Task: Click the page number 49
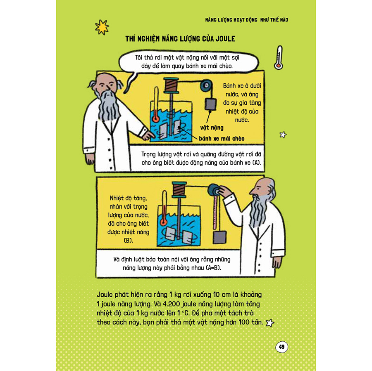tap(281, 347)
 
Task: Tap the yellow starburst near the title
tap(102, 27)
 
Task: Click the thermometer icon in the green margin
tap(279, 58)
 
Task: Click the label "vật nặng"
tap(212, 128)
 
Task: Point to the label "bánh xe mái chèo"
tap(222, 139)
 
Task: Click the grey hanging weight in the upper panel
tap(210, 104)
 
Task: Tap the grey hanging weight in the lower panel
tap(220, 238)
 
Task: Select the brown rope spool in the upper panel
tap(171, 85)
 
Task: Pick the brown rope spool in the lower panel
tap(179, 189)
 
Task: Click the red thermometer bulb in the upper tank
tap(156, 118)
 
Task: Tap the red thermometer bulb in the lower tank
tap(163, 222)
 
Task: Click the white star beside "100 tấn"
tap(270, 323)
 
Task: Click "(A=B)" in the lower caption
tap(213, 268)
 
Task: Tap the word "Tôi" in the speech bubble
tap(139, 58)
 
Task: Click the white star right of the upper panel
tap(283, 135)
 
